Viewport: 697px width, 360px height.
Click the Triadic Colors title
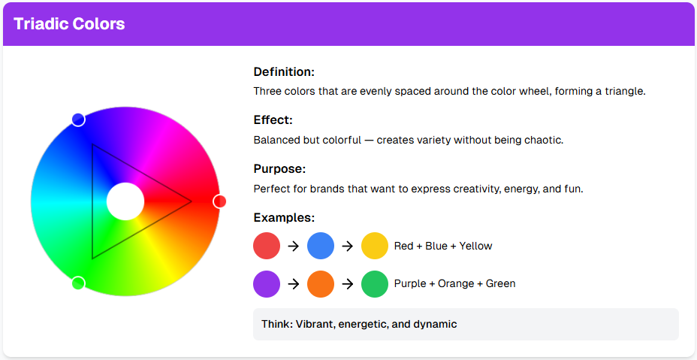coord(69,24)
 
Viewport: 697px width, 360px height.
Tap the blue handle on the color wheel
coord(78,119)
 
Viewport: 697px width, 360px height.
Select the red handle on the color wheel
coord(220,201)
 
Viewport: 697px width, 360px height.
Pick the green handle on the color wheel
coord(78,283)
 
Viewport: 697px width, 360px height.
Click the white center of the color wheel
coord(125,201)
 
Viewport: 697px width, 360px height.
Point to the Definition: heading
coord(284,72)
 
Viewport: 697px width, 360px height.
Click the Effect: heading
coord(273,120)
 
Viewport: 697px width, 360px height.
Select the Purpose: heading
coord(279,169)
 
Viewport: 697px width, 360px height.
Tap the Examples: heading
coord(284,218)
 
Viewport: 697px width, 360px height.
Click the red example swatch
coord(267,246)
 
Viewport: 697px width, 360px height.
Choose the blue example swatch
coord(321,246)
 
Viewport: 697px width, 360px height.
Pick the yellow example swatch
coord(374,246)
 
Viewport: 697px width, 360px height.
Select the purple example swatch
coord(267,284)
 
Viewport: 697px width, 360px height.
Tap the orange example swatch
coord(321,284)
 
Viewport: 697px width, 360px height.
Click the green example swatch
coord(374,284)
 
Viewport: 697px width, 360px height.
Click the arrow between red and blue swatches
coord(294,246)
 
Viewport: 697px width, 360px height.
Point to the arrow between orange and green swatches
coord(347,284)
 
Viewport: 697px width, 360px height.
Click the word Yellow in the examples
coord(476,247)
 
